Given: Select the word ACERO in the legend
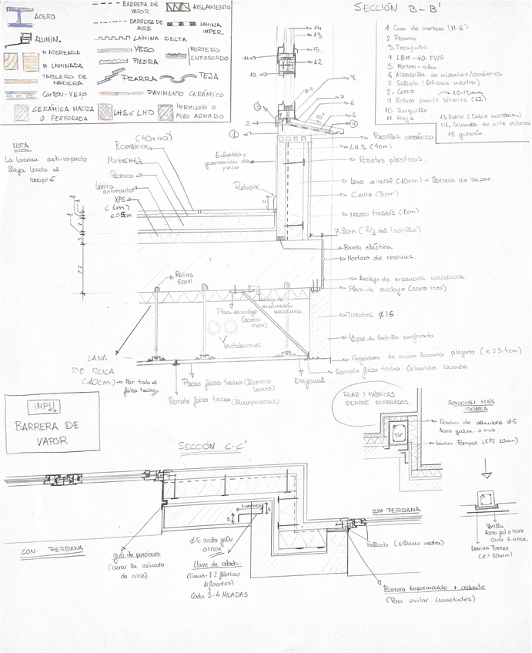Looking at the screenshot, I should coord(45,15).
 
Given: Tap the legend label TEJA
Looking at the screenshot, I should coord(208,76).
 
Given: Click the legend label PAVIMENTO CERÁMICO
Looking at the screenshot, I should coord(179,92).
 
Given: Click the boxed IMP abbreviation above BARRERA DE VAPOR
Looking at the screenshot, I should coord(38,406).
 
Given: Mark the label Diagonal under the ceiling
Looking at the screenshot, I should coord(309,380).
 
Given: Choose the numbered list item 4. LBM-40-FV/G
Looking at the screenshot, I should coord(417,58).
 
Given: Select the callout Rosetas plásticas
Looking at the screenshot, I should coord(392,159).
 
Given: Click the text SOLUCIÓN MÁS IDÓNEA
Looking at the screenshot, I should coord(467,406).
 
